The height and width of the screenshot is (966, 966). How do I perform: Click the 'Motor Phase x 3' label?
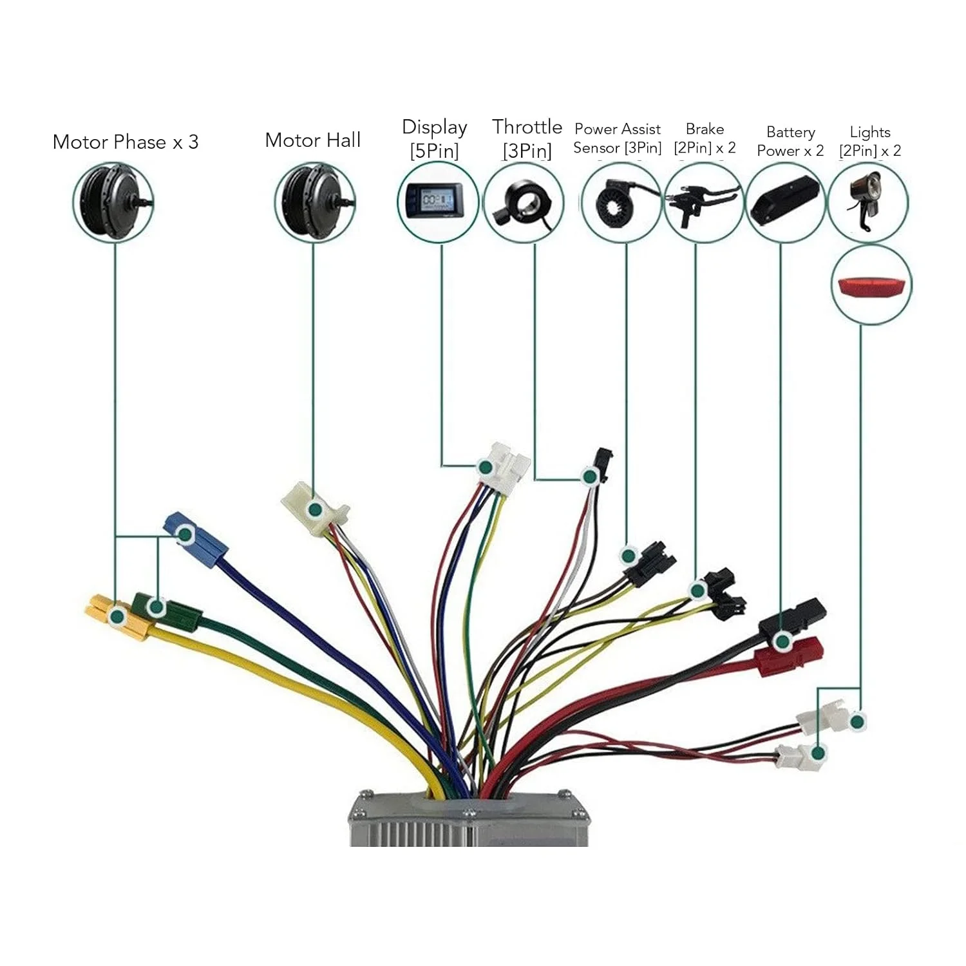pos(126,142)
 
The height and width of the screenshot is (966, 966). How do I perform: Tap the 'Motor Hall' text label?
pos(313,140)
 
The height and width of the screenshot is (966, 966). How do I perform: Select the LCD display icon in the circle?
pos(437,201)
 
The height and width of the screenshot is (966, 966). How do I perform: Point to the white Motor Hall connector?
pos(314,509)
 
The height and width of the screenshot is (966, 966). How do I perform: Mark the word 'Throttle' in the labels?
pos(527,127)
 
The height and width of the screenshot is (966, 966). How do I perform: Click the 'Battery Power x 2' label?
pos(790,141)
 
